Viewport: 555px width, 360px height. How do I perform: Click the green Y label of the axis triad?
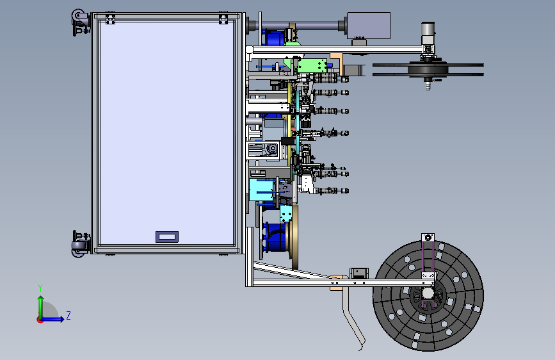(40, 288)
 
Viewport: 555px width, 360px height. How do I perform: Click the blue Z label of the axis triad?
(68, 315)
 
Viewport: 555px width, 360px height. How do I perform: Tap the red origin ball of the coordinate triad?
(40, 320)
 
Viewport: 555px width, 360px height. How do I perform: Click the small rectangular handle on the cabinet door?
(167, 237)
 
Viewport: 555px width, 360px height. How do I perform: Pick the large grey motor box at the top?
(369, 26)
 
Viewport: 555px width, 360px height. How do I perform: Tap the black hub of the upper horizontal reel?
(428, 69)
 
